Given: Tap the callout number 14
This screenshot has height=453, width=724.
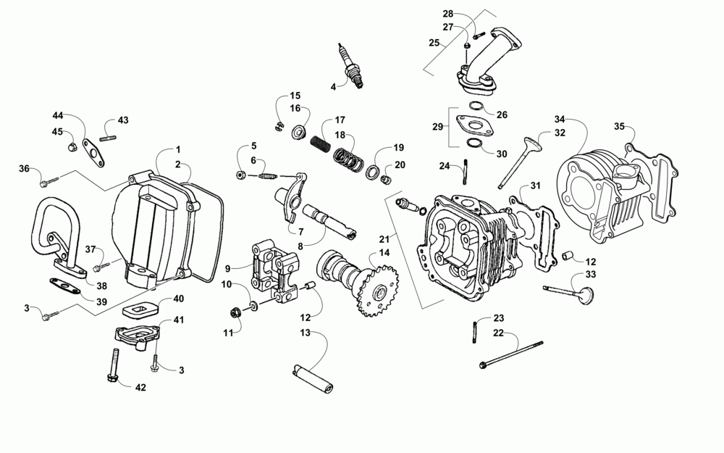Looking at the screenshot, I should pos(383,252).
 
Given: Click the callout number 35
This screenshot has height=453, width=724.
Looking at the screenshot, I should pos(618,126).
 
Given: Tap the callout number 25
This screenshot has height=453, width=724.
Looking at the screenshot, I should pos(434,43).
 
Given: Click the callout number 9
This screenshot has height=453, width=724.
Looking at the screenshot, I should pos(227,268).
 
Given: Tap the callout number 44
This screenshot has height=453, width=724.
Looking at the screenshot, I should pos(57,116).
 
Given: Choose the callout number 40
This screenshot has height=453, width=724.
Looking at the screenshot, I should pos(178,299).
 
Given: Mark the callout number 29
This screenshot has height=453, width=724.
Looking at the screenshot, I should pos(437,127).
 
